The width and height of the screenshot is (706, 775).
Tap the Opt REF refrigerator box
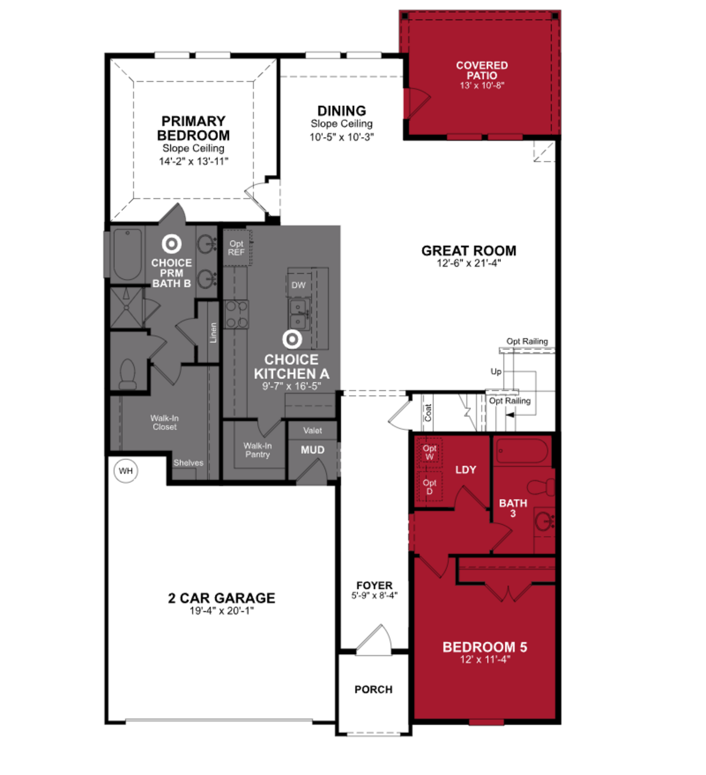click(237, 248)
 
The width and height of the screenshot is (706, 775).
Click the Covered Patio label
click(482, 71)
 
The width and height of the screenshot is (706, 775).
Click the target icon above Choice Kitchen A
click(292, 339)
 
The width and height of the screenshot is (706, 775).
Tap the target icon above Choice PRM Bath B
click(172, 244)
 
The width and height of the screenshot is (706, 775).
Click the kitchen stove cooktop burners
click(236, 314)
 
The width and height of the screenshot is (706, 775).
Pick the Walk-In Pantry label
click(257, 450)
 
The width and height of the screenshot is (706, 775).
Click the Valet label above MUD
click(312, 430)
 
